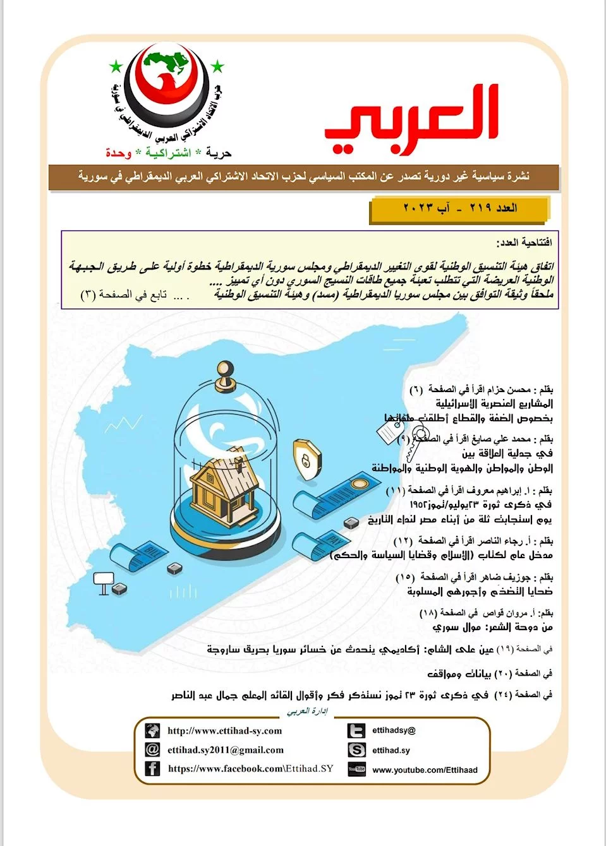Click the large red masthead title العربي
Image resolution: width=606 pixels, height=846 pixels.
[411, 120]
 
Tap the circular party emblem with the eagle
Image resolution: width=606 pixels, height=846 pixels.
[166, 82]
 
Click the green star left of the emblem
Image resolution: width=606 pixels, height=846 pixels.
[116, 66]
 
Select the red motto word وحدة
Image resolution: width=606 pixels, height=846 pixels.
[118, 153]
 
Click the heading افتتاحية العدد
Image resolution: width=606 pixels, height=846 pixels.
[524, 242]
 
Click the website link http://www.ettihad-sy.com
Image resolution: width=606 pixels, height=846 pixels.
[224, 731]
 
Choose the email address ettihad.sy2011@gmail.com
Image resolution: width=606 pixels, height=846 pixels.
[225, 750]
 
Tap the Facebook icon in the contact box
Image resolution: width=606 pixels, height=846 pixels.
[152, 768]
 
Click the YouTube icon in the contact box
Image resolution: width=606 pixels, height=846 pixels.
[356, 769]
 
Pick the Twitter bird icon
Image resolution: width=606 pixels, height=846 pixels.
[356, 730]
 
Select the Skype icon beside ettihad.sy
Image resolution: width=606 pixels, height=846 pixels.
[356, 750]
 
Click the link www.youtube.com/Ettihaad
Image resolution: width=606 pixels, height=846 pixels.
[425, 770]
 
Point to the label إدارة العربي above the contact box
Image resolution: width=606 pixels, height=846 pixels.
[307, 712]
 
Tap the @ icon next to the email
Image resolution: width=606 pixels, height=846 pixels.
[152, 749]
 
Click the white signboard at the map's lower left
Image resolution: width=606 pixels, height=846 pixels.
[103, 581]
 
